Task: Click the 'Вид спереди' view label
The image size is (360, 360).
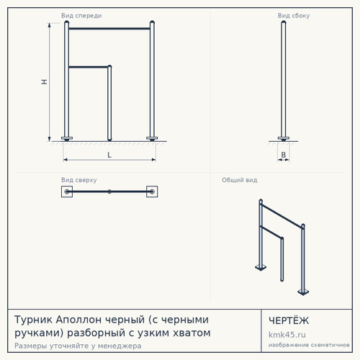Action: pyautogui.click(x=81, y=16)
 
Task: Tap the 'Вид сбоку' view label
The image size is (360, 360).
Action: pyautogui.click(x=294, y=16)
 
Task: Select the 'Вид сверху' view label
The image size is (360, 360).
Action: pyautogui.click(x=79, y=180)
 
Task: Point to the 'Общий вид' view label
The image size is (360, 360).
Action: pyautogui.click(x=240, y=180)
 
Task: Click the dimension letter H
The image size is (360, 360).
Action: pyautogui.click(x=44, y=82)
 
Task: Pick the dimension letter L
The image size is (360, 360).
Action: pyautogui.click(x=109, y=155)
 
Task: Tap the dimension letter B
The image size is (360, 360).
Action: pyautogui.click(x=284, y=155)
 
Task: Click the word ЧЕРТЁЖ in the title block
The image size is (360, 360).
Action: pyautogui.click(x=289, y=320)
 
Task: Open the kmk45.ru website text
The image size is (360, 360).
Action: pyautogui.click(x=287, y=335)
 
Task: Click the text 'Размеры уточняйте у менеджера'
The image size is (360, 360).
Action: pyautogui.click(x=78, y=346)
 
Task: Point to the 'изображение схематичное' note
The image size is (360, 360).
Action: pyautogui.click(x=309, y=345)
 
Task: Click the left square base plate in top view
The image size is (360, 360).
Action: pyautogui.click(x=67, y=192)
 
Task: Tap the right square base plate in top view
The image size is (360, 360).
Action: pyautogui.click(x=152, y=192)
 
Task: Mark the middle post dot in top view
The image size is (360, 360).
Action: pyautogui.click(x=109, y=192)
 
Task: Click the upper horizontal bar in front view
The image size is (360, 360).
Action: pyautogui.click(x=109, y=29)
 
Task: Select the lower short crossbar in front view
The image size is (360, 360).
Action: pyautogui.click(x=89, y=67)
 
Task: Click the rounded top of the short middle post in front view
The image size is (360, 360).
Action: pyautogui.click(x=109, y=66)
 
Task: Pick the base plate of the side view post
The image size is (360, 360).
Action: pyautogui.click(x=284, y=138)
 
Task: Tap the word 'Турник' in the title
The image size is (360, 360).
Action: pyautogui.click(x=33, y=320)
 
